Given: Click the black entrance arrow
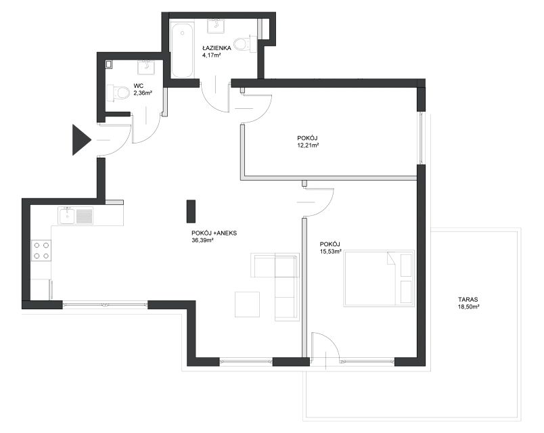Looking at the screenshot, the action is click(x=81, y=140).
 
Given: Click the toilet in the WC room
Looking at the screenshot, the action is click(x=118, y=93).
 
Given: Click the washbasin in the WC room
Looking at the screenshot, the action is click(x=146, y=67).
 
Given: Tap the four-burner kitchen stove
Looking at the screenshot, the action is click(x=41, y=250).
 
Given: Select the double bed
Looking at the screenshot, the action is click(x=379, y=278).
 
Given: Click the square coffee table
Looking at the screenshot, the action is click(x=247, y=304).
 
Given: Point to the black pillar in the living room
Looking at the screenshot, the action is click(x=191, y=211).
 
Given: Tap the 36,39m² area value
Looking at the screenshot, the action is click(x=202, y=240).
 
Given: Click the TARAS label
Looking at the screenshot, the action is click(x=468, y=300).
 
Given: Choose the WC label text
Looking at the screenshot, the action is click(x=139, y=86).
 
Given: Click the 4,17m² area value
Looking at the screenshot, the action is click(x=212, y=55).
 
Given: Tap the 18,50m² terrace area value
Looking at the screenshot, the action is click(x=468, y=306).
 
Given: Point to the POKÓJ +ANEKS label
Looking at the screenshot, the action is click(x=214, y=233).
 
